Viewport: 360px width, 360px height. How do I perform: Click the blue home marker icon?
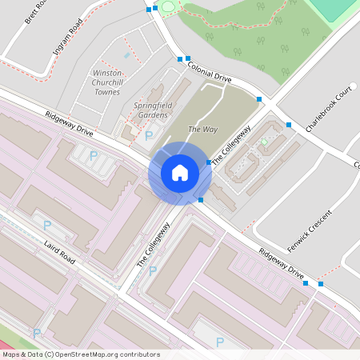coord(180,172)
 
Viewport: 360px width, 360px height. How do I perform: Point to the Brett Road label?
coord(36,12)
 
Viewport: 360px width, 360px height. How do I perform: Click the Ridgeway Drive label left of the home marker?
coord(69,126)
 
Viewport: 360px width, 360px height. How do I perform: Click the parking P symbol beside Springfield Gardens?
coord(149,136)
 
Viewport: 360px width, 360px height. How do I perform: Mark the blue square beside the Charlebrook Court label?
coord(288,124)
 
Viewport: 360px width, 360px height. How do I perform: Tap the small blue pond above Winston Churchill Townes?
coord(126,55)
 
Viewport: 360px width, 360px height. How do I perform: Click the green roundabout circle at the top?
coord(168,7)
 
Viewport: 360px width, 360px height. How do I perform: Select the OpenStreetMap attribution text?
coord(80,354)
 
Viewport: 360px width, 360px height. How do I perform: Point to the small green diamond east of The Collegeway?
coord(264,142)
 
